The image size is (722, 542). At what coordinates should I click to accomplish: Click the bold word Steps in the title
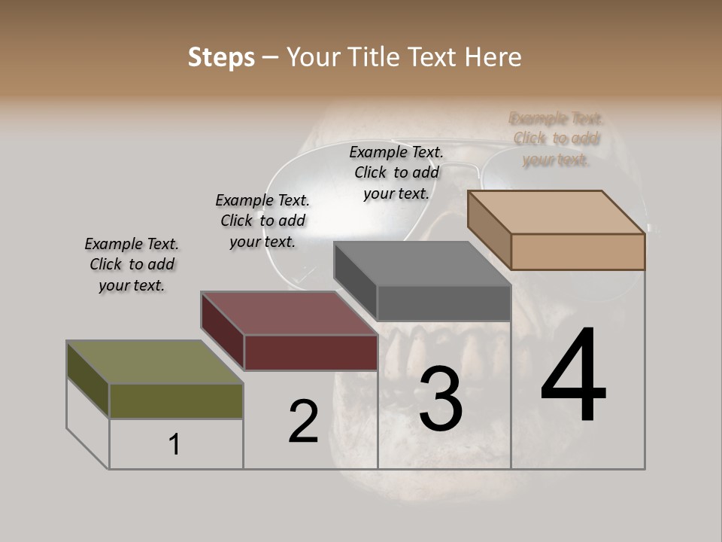pyautogui.click(x=221, y=57)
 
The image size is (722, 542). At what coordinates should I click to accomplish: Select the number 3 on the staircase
pyautogui.click(x=440, y=399)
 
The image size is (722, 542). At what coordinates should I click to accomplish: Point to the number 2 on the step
pyautogui.click(x=303, y=421)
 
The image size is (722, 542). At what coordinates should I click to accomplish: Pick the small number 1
pyautogui.click(x=174, y=444)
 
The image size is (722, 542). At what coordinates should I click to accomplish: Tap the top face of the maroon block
pyautogui.click(x=289, y=313)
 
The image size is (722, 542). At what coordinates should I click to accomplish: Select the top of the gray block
pyautogui.click(x=422, y=263)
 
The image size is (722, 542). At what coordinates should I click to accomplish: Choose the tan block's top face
pyautogui.click(x=556, y=212)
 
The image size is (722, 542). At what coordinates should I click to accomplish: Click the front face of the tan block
pyautogui.click(x=578, y=251)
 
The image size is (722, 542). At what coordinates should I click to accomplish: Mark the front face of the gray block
pyautogui.click(x=444, y=303)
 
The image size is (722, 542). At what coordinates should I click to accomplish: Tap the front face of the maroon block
pyautogui.click(x=311, y=352)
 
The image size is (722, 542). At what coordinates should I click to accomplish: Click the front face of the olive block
pyautogui.click(x=176, y=400)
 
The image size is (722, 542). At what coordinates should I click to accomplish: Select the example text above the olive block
pyautogui.click(x=132, y=264)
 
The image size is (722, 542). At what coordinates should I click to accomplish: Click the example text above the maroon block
pyautogui.click(x=262, y=221)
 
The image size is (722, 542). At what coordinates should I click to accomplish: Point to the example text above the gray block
pyautogui.click(x=396, y=172)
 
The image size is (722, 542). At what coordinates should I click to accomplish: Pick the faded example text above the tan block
pyautogui.click(x=556, y=139)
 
